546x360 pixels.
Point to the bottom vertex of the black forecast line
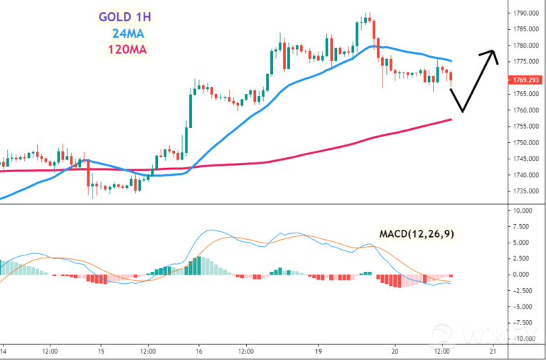(x=463, y=112)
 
